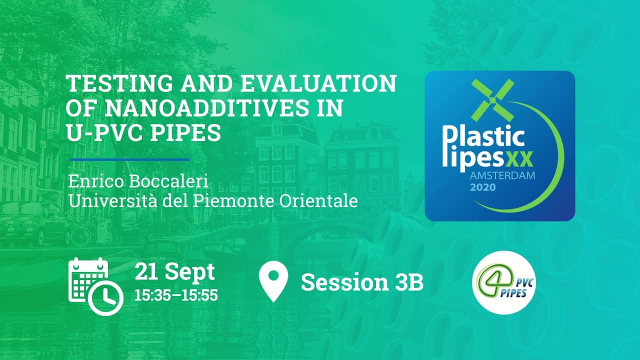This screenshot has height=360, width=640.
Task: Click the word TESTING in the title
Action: click(119, 83)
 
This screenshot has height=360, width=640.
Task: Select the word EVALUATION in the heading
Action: click(319, 83)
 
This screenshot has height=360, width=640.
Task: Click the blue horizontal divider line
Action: click(129, 159)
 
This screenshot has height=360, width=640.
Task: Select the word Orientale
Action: click(318, 201)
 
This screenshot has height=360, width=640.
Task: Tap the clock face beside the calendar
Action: click(105, 298)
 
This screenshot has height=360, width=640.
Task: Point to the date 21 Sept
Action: click(174, 271)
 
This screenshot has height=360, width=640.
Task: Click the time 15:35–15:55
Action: click(176, 295)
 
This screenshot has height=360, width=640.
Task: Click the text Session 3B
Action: click(362, 282)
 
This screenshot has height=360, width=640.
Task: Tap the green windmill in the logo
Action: click(493, 100)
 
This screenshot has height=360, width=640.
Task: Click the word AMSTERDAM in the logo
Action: click(502, 175)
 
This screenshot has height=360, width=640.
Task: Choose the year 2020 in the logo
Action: click(483, 187)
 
